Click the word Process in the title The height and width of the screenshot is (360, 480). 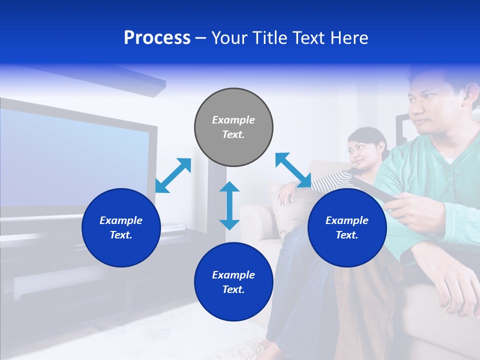[157, 38]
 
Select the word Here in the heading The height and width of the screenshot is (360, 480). [349, 38]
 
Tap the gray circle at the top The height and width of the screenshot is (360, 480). [233, 127]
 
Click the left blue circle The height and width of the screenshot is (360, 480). [121, 227]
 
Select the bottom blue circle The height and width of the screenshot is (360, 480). [233, 282]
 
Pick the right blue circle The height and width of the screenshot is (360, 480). [347, 227]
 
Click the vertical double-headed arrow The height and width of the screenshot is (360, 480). [229, 205]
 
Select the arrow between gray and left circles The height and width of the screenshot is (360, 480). [173, 175]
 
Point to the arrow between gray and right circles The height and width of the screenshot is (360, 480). [293, 170]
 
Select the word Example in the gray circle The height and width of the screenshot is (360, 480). [233, 120]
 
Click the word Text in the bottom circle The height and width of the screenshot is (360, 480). [232, 289]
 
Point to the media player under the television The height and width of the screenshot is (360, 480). [172, 227]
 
